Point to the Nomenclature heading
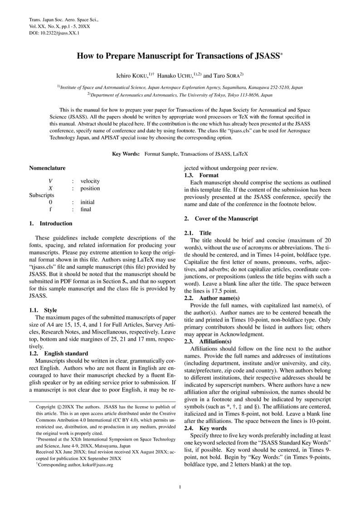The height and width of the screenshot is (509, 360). point(47,168)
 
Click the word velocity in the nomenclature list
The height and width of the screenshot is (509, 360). point(90,181)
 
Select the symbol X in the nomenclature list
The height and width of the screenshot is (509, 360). point(51,189)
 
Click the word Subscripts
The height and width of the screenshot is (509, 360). point(42,195)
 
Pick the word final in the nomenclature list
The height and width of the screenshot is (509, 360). point(86,209)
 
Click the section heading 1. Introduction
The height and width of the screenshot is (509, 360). point(50,223)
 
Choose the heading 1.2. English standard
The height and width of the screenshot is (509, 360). point(58,354)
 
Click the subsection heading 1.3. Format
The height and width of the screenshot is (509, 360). point(201,175)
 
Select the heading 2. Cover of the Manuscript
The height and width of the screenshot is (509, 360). point(221,218)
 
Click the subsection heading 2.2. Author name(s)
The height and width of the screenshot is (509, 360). point(212,298)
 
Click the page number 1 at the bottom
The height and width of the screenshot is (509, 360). point(180,487)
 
